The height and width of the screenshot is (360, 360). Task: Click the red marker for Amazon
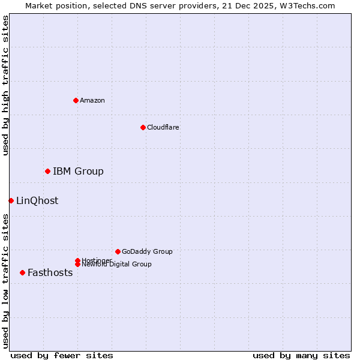[x=76, y=100]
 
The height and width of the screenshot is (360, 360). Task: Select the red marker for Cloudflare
[x=143, y=127]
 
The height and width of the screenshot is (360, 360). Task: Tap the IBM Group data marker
[x=47, y=172]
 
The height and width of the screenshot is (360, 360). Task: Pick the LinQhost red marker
[x=11, y=200]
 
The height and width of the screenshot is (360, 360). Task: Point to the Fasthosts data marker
[x=22, y=272]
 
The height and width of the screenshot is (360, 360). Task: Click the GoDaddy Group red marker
[x=118, y=251]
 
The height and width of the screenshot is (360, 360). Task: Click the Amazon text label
[x=92, y=100]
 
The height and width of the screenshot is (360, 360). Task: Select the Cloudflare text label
[x=163, y=127]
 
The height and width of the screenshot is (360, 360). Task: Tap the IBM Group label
[x=78, y=172]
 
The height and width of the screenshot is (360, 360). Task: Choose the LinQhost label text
[x=37, y=201]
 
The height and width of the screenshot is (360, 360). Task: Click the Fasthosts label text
[x=50, y=273]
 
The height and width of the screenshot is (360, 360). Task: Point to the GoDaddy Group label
[x=147, y=252]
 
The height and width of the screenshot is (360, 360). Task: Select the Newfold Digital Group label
[x=116, y=265]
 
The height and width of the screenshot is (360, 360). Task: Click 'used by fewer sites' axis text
[x=62, y=355]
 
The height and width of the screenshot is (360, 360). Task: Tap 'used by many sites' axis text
[x=301, y=355]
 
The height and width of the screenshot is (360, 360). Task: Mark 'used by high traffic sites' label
[x=6, y=85]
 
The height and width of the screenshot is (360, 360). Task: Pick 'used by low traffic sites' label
[x=6, y=281]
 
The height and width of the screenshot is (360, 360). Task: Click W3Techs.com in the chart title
[x=310, y=5]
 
